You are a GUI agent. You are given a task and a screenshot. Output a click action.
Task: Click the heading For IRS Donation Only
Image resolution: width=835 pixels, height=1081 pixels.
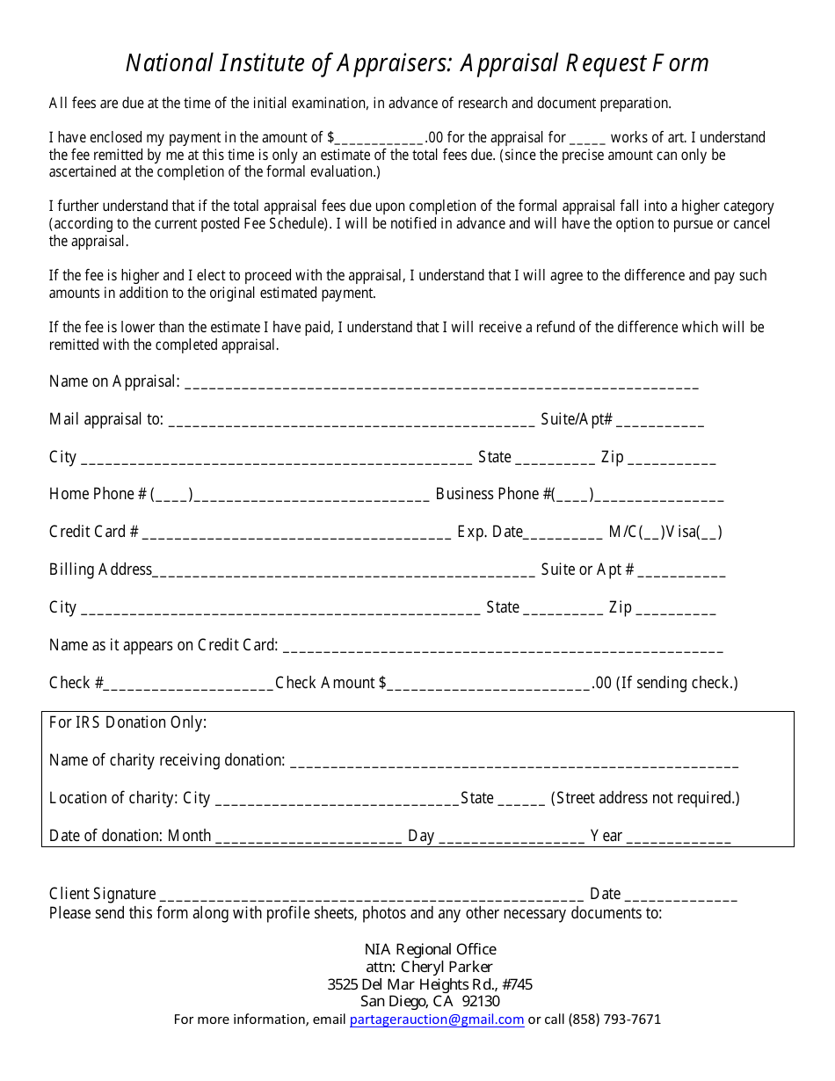coord(128,722)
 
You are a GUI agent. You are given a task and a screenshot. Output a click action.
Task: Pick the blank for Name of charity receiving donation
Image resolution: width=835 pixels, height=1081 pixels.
coord(513,762)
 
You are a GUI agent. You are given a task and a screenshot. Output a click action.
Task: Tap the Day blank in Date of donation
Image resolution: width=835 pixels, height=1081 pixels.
coord(511,838)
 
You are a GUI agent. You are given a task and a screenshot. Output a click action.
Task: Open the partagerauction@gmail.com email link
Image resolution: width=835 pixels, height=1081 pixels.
coord(437,1019)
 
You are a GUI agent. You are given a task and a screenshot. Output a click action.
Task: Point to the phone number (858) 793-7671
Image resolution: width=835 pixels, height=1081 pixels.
coord(614,1019)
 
